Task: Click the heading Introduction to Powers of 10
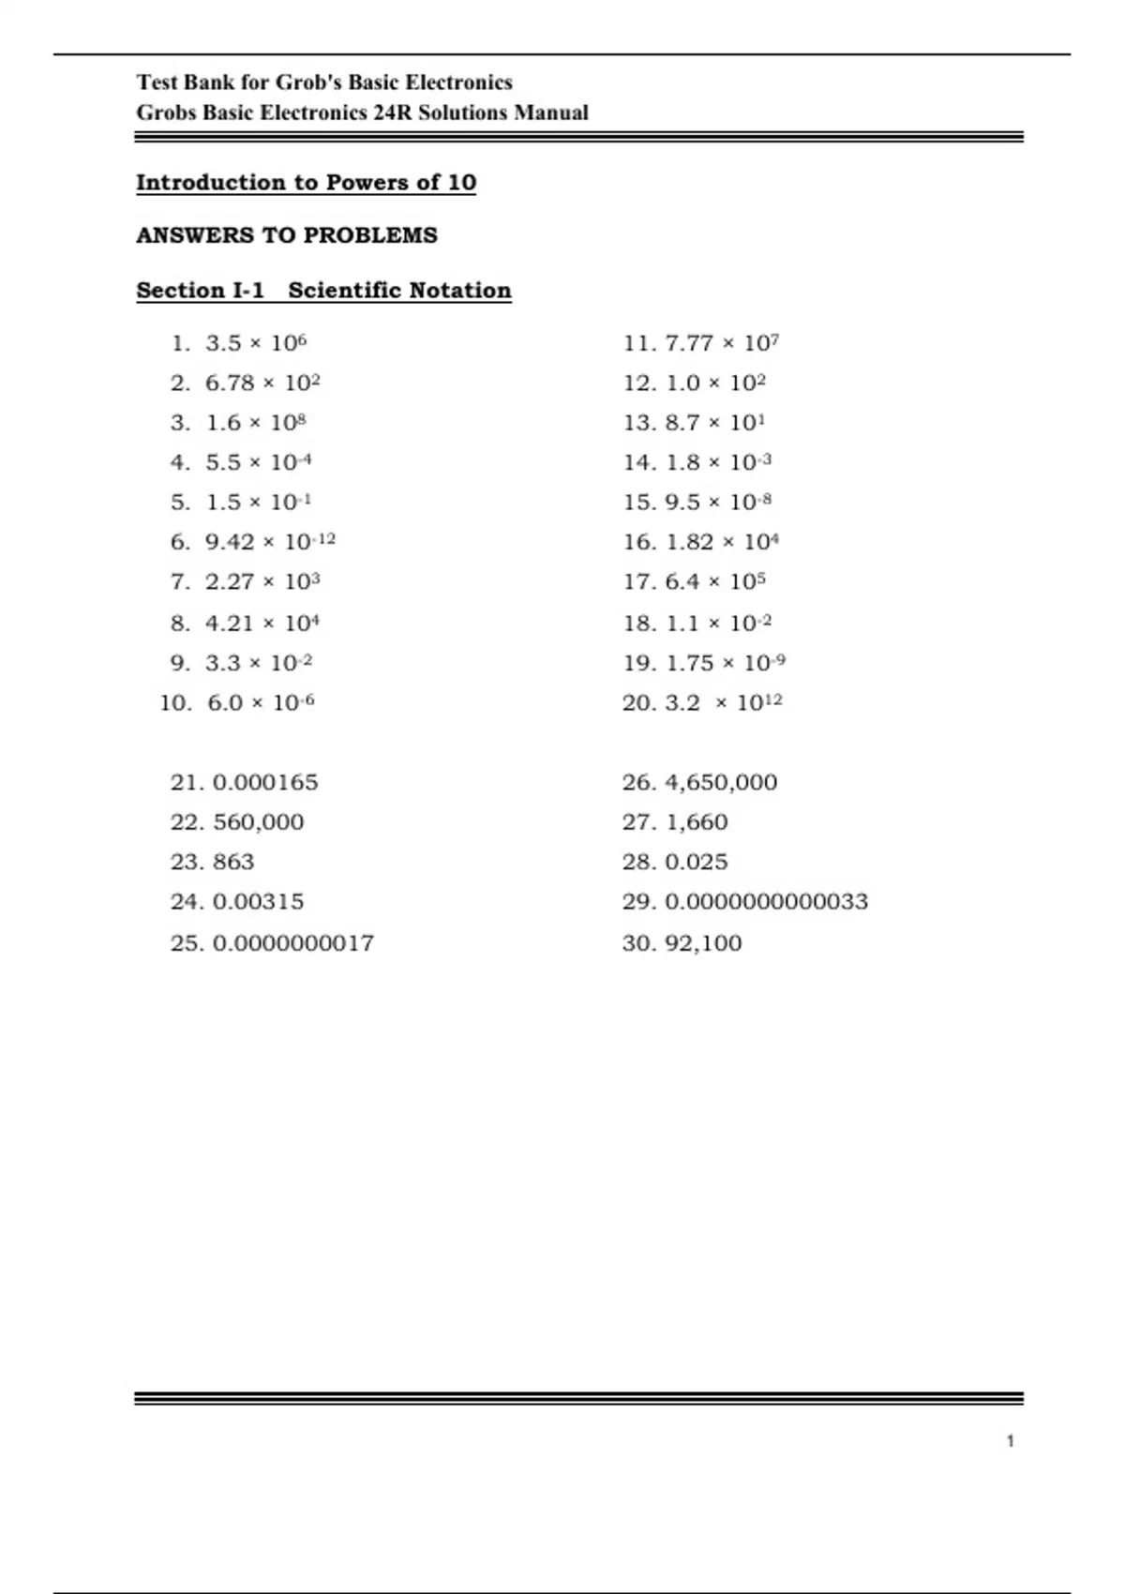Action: [306, 183]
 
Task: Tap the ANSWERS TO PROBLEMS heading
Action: [287, 235]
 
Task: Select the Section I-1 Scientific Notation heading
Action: [323, 291]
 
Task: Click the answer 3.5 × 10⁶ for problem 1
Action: [256, 343]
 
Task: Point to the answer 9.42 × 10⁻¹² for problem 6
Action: [270, 542]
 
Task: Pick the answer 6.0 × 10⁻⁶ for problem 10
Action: [261, 703]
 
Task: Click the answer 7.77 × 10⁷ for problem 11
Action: [722, 343]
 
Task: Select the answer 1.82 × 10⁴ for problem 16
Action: [722, 542]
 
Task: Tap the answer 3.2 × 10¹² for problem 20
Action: [723, 703]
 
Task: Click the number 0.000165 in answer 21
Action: [265, 783]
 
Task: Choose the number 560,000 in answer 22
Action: [259, 822]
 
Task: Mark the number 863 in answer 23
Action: [233, 863]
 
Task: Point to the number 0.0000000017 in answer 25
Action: [293, 943]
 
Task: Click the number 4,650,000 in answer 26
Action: [721, 783]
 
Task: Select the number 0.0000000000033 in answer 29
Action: [766, 902]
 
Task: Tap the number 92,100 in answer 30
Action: [703, 943]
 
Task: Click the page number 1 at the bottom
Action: [1011, 1441]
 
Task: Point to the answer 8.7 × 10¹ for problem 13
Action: [714, 423]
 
